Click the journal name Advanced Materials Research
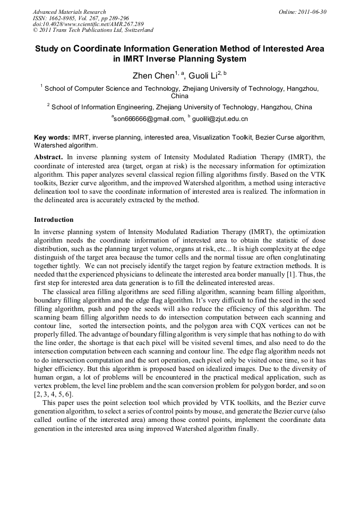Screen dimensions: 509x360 click(x=69, y=12)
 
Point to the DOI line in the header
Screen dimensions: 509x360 click(x=88, y=24)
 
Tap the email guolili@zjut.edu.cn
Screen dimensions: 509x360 click(x=212, y=119)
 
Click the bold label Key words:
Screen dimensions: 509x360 click(x=52, y=137)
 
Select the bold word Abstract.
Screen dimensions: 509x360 click(x=48, y=158)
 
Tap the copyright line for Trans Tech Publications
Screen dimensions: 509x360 click(x=93, y=30)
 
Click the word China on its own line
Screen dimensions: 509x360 click(x=179, y=97)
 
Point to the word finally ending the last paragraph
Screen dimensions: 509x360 click(x=245, y=429)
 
